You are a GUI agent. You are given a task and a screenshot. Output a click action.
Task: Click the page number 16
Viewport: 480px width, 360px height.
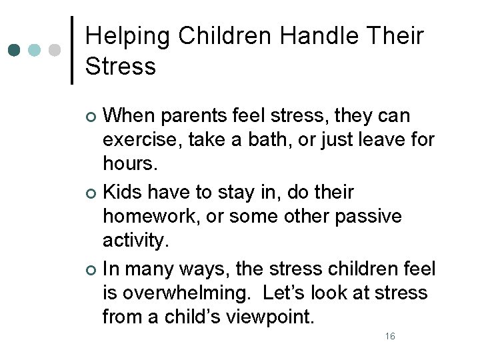[390, 336]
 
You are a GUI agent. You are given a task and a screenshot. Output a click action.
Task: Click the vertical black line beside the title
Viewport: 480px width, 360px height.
[72, 50]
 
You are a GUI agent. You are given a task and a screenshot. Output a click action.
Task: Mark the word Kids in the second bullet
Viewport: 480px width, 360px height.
[123, 193]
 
